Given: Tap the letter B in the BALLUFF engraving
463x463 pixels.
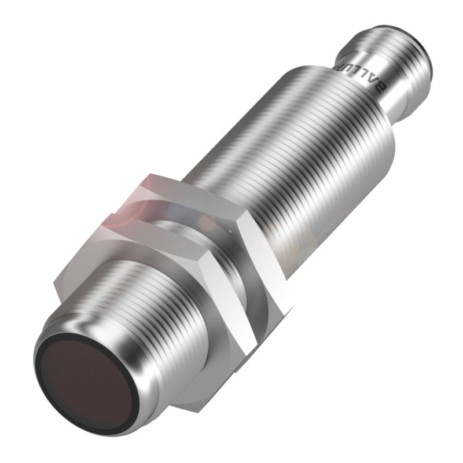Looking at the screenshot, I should coord(380,87).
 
